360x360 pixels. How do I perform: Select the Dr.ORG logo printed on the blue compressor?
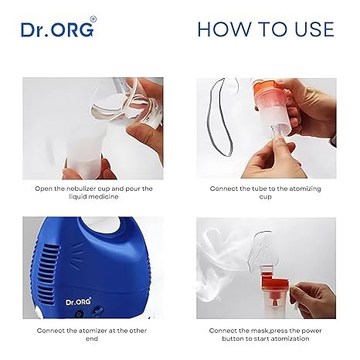(x=79, y=301)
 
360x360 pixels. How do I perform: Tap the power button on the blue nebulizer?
(x=79, y=314)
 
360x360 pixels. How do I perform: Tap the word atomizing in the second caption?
(x=305, y=188)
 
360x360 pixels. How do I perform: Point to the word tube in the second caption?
(x=259, y=188)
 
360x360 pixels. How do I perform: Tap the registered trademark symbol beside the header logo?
(x=93, y=19)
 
